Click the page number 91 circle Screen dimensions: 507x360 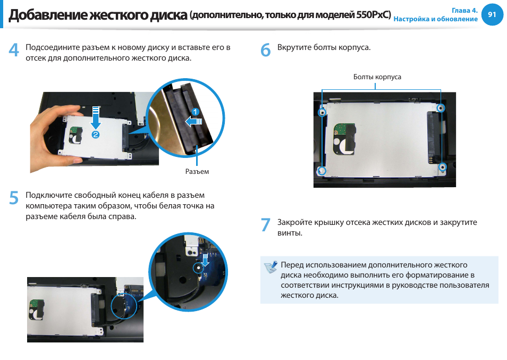pyautogui.click(x=492, y=14)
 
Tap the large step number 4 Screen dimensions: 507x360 pyautogui.click(x=14, y=50)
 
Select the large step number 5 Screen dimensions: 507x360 pyautogui.click(x=14, y=198)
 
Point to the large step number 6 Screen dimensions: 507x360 pyautogui.click(x=266, y=50)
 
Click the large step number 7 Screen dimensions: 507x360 pyautogui.click(x=266, y=225)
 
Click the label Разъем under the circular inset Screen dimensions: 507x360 pyautogui.click(x=197, y=171)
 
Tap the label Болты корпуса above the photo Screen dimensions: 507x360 pyautogui.click(x=377, y=77)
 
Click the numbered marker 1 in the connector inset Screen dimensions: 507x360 pyautogui.click(x=195, y=112)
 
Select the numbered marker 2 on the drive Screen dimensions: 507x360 pyautogui.click(x=95, y=135)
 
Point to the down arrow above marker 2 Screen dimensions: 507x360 pyautogui.click(x=96, y=118)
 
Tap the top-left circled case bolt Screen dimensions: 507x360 pyautogui.click(x=322, y=112)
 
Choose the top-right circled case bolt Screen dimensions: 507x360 pyautogui.click(x=441, y=108)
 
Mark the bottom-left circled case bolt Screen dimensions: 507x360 pyautogui.click(x=322, y=171)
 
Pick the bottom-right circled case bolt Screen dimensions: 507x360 pyautogui.click(x=442, y=167)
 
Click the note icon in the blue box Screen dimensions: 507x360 pyautogui.click(x=271, y=267)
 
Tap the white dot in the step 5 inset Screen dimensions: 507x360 pyautogui.click(x=198, y=268)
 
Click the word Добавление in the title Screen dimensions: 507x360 pyautogui.click(x=48, y=15)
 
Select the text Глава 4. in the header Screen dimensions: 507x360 pyautogui.click(x=464, y=10)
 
